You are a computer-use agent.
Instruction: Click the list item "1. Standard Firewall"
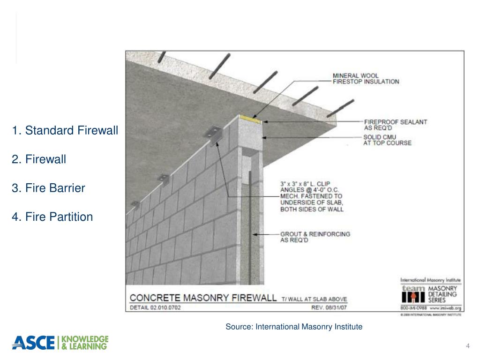(x=65, y=130)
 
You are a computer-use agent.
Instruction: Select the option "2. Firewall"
(x=39, y=159)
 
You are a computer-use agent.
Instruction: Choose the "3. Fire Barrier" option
(x=49, y=188)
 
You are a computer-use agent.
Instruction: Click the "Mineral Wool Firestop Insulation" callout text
(x=366, y=78)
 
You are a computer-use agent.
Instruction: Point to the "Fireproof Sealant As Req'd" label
(x=395, y=125)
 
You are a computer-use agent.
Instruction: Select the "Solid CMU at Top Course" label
(x=387, y=140)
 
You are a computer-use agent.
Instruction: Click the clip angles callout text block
(x=312, y=196)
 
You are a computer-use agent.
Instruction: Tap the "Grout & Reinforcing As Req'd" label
(x=315, y=237)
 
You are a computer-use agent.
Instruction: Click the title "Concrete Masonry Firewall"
(x=203, y=298)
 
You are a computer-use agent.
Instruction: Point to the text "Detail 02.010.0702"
(x=155, y=308)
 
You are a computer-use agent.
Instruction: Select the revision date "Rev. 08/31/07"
(x=333, y=308)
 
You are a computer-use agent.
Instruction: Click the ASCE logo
(x=33, y=343)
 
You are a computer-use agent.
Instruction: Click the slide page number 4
(x=468, y=346)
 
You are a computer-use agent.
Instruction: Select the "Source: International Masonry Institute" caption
(x=294, y=327)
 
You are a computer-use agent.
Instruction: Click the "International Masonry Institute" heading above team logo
(x=430, y=280)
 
